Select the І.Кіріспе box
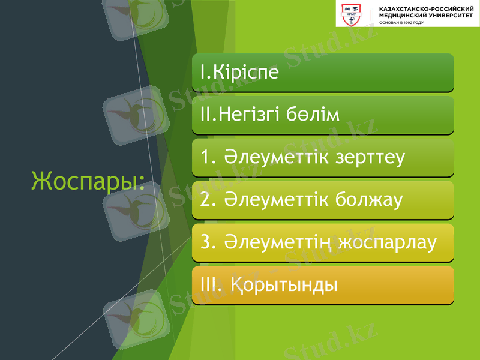tap(322, 73)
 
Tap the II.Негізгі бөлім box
tap(322, 115)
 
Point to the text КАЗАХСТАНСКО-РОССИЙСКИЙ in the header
tap(426, 10)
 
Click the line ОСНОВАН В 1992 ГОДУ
tap(401, 23)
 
